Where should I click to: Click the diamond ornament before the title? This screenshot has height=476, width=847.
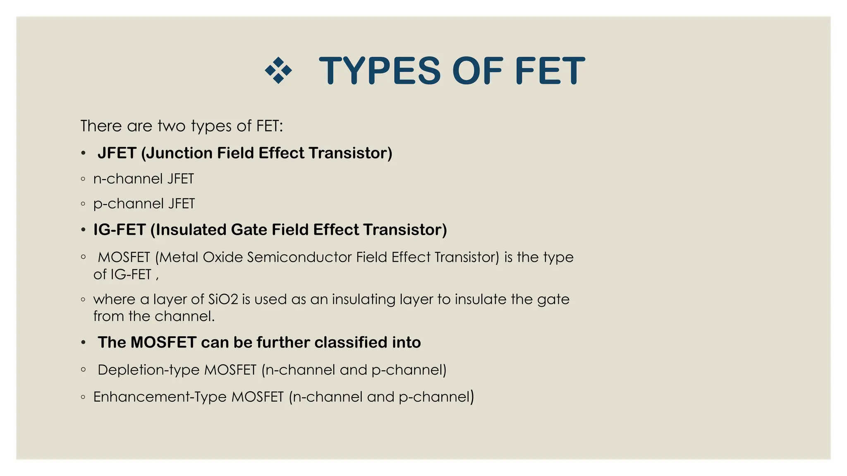278,71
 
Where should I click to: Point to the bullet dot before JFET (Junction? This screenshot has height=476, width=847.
84,153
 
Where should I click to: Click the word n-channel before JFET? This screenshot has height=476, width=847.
129,179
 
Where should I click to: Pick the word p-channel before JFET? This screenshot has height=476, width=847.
129,204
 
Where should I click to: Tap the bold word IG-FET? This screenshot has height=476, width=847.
120,230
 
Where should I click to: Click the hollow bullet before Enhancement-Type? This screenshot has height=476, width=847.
84,397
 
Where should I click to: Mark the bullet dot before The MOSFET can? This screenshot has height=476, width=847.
84,343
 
